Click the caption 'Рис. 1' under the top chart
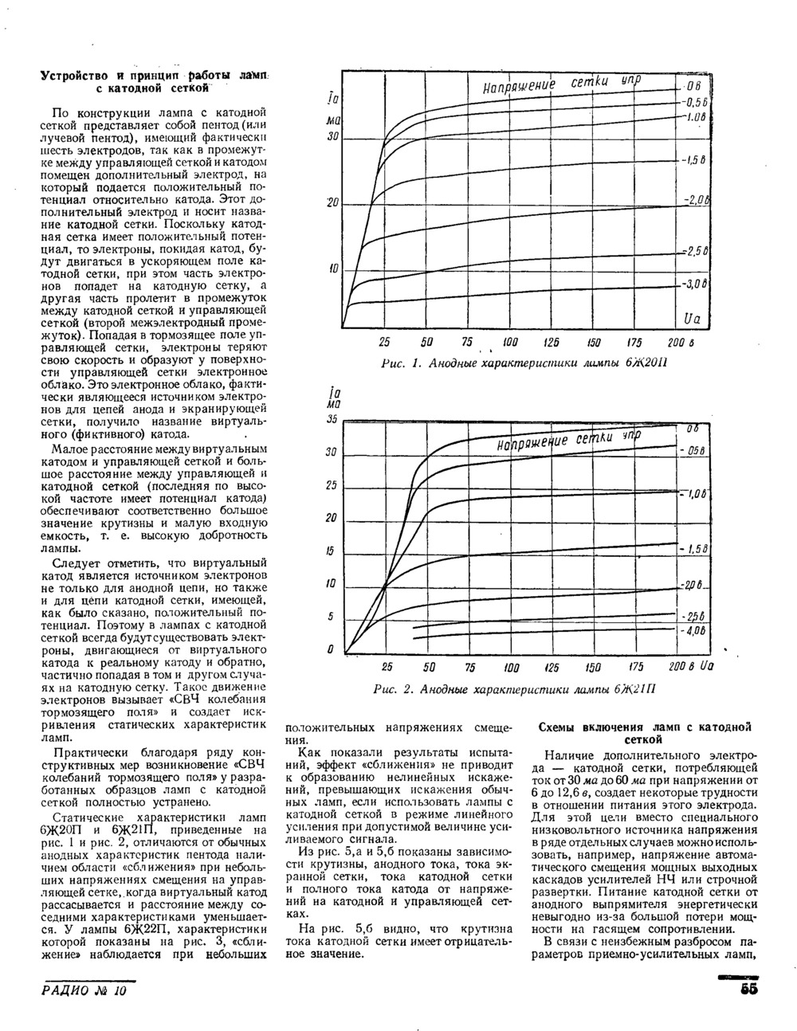click(398, 363)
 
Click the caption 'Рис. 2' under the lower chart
click(393, 688)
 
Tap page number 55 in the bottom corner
click(748, 990)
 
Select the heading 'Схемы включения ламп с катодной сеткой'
click(646, 733)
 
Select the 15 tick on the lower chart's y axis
click(331, 551)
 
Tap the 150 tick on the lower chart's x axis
click(594, 666)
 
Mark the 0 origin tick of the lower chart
click(330, 650)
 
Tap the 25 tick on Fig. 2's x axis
click(387, 666)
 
